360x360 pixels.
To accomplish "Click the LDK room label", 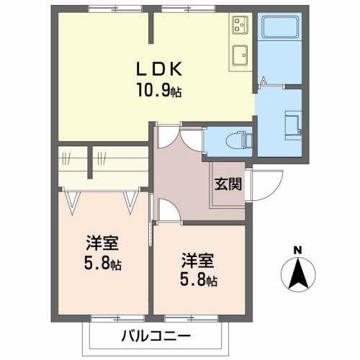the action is coord(159,69).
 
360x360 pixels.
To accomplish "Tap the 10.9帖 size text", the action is coord(159,89).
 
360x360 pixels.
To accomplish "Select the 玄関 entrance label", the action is coord(228,184).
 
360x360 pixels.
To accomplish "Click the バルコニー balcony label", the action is coord(156,336).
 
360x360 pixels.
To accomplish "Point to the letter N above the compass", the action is coord(298,251).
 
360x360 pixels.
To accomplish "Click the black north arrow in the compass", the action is coord(298,273).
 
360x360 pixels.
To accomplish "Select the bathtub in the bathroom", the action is coord(280,27).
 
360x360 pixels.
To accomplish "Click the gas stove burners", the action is coord(240,25).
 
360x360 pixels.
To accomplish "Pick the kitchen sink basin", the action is coord(240,55).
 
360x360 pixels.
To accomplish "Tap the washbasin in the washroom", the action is coord(293,126).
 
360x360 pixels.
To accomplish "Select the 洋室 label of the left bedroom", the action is coord(102,243).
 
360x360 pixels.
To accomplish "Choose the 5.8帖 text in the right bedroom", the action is coord(199,280).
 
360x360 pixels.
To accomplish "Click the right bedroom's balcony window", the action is coord(192,319).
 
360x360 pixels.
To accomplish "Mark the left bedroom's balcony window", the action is coord(118,319).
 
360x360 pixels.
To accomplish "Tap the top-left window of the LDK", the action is coord(115,9).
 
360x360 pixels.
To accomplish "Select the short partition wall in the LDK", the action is coord(151,28).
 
